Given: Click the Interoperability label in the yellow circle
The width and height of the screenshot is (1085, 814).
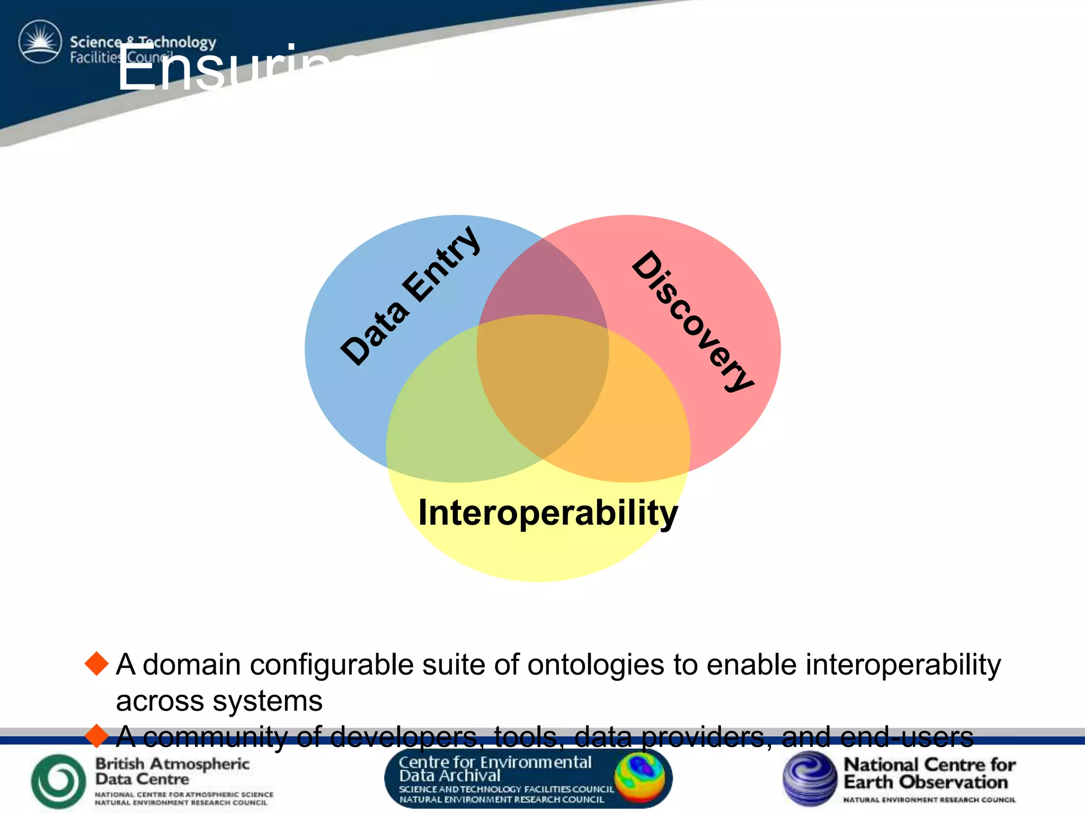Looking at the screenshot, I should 548,512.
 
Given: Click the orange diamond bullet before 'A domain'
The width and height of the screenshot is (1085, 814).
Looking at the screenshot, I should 96,664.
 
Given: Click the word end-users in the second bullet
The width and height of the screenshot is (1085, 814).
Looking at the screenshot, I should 906,737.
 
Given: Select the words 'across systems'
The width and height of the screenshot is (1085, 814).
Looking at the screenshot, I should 219,701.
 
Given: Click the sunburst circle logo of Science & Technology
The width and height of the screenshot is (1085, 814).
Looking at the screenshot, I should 40,42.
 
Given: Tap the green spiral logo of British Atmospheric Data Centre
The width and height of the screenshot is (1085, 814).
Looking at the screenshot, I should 58,781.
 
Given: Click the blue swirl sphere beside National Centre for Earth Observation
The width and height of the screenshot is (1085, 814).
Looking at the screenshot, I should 810,778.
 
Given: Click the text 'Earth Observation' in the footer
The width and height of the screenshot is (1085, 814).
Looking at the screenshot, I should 925,782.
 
